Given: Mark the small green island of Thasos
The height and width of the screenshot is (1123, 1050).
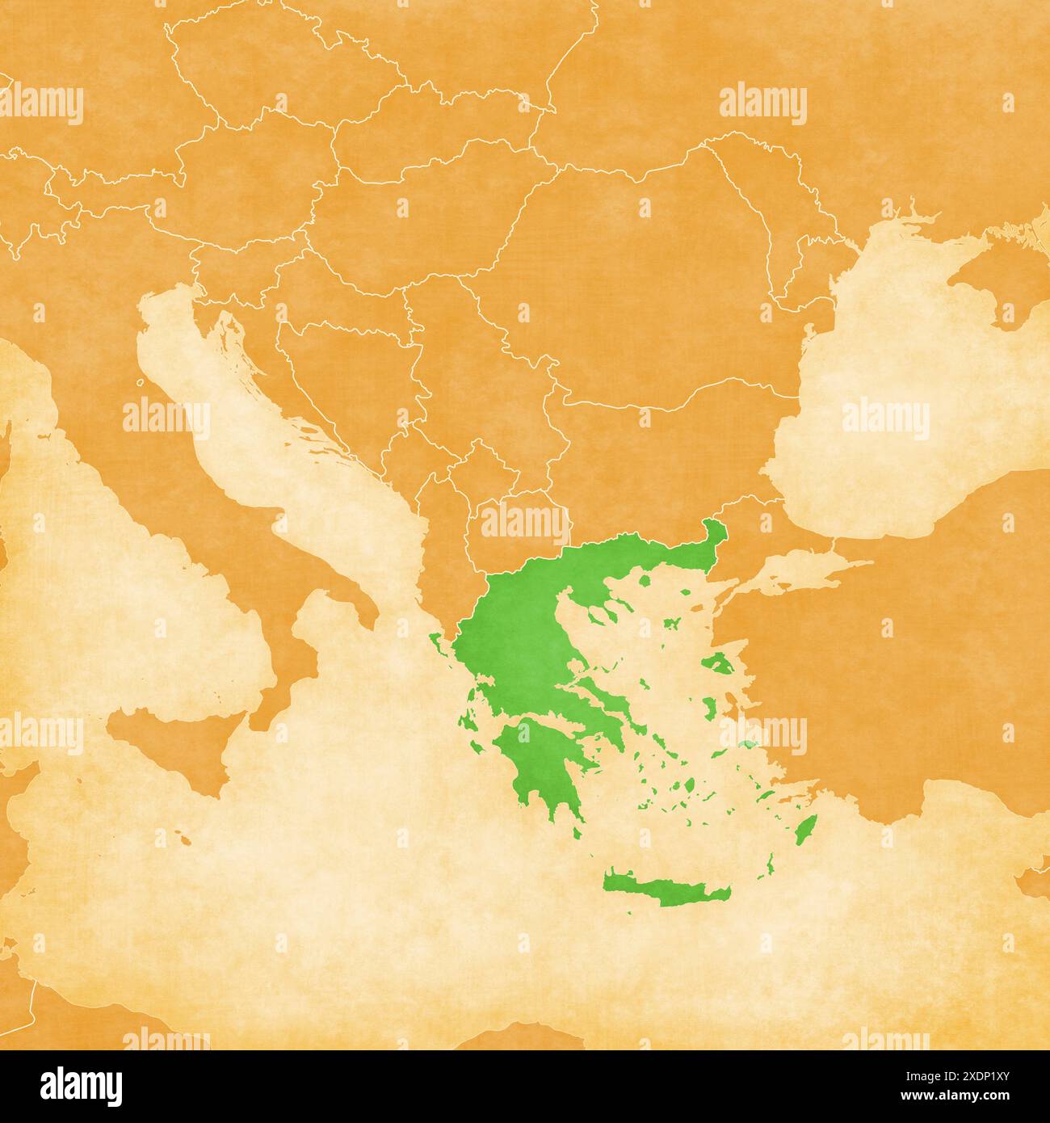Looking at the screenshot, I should (644, 580).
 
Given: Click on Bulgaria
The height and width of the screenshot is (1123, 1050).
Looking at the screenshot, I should (646, 452).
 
